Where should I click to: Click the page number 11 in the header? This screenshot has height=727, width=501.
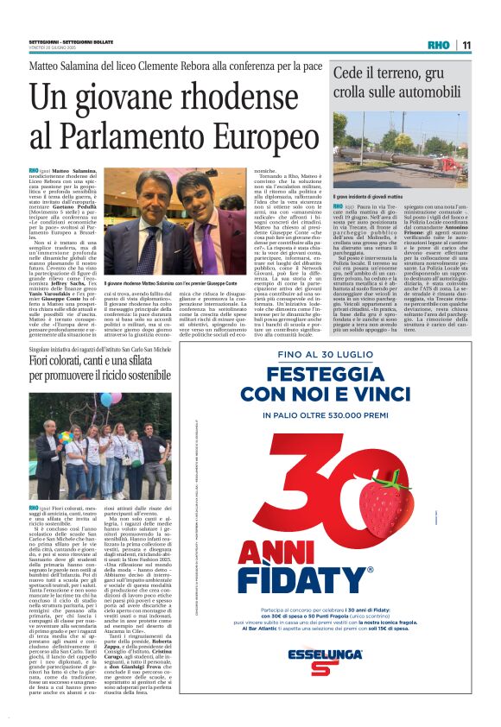coord(466,46)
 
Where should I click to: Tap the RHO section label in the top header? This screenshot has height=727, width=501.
coord(438,46)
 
